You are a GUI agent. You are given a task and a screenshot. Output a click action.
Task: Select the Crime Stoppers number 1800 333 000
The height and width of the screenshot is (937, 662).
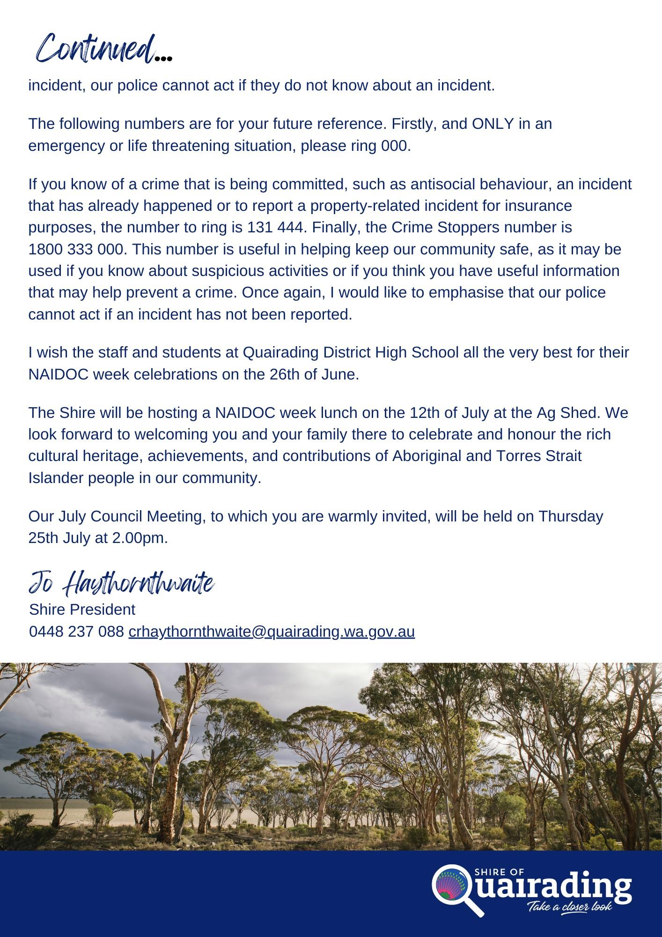pos(77,249)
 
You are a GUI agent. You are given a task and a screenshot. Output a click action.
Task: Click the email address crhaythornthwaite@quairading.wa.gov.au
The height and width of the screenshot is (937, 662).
pos(272,632)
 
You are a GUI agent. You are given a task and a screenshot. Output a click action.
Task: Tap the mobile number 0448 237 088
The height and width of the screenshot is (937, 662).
pos(76,632)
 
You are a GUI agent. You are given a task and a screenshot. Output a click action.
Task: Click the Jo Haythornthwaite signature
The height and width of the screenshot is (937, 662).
pos(121,584)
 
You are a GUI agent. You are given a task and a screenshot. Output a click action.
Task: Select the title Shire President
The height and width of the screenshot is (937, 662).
pos(82,610)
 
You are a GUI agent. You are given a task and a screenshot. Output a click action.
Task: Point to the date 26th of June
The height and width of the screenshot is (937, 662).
pos(313,375)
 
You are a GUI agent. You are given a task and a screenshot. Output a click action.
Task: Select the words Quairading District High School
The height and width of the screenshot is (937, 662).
pos(351,352)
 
